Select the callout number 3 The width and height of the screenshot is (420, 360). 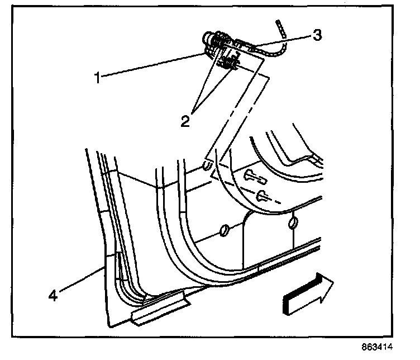click(317, 35)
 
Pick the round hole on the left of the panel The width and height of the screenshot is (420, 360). click(224, 229)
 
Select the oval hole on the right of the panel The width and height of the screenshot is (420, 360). click(292, 224)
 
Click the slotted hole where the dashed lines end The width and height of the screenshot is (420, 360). click(207, 167)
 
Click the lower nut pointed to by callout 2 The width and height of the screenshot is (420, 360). click(230, 65)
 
